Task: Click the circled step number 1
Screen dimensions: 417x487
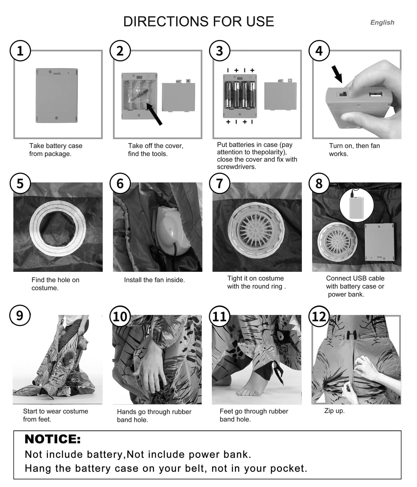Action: coord(20,51)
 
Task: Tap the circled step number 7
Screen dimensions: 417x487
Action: coord(220,183)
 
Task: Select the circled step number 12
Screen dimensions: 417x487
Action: coord(319,316)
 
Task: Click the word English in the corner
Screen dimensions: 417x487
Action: coord(382,23)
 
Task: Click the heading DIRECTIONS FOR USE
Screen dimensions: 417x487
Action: coord(199,22)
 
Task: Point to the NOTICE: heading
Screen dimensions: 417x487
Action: coord(53,439)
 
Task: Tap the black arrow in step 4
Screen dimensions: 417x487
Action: coord(337,74)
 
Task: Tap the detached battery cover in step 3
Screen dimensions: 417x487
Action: coord(281,96)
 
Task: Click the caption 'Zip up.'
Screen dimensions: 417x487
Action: coord(334,411)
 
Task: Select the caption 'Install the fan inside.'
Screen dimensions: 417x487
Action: coord(154,280)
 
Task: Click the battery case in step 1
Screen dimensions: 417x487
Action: coord(57,95)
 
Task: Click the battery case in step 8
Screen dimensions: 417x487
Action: coord(379,242)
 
